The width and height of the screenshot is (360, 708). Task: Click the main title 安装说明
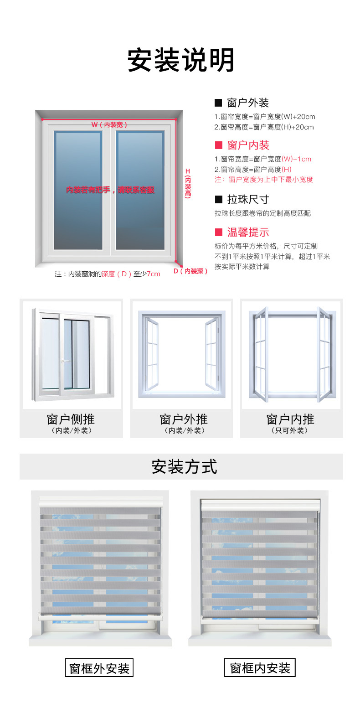pos(181,60)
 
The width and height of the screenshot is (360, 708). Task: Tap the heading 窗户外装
pos(248,103)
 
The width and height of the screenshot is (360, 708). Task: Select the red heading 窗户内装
pos(248,145)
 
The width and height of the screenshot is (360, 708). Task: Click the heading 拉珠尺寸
pos(248,200)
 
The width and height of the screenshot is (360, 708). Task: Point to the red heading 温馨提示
pos(248,233)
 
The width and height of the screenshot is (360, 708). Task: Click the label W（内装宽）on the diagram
pos(109,124)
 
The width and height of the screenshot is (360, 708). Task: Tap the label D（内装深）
pos(190,271)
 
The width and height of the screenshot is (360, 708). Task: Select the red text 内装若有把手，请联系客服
pos(110,190)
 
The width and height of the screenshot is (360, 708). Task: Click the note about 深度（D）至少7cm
pos(108,274)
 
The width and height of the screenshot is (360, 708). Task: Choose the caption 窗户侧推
pos(71,419)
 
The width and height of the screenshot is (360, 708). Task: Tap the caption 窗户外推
pos(184,419)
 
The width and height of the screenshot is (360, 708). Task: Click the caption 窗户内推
pos(290,419)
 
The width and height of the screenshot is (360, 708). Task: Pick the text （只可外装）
pos(290,430)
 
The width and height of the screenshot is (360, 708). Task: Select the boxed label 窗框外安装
pos(99,668)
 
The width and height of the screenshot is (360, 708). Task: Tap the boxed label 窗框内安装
pos(260,668)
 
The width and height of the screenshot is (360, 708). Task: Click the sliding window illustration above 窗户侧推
pos(72,354)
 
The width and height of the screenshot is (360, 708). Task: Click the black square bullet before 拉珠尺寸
pos(218,200)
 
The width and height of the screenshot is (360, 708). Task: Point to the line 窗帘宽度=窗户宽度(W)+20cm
pos(265,117)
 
